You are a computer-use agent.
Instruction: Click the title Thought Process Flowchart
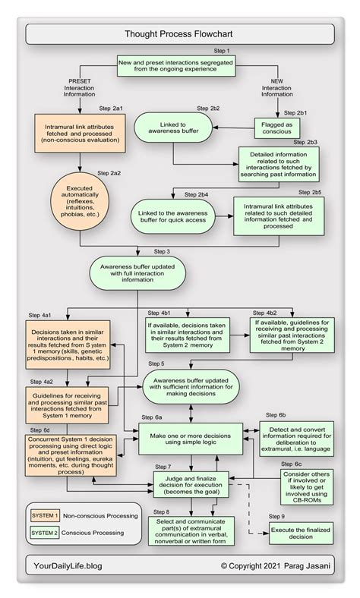tap(179, 34)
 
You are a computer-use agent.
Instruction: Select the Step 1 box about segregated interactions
tap(179, 65)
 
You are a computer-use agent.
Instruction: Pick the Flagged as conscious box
tap(276, 125)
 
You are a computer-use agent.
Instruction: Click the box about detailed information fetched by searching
tap(275, 162)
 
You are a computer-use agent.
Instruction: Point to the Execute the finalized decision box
tap(302, 535)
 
